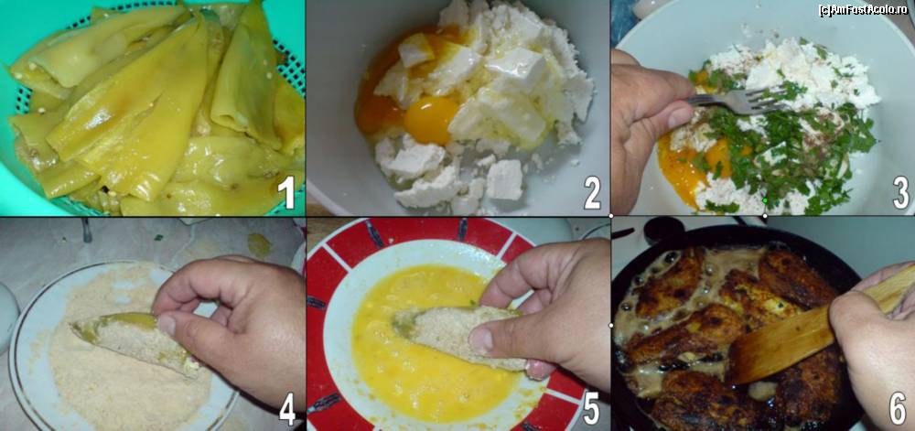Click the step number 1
[286, 192]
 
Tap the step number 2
[592, 193]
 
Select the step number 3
[900, 193]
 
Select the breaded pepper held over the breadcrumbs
[135, 340]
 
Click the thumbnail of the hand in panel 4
[167, 324]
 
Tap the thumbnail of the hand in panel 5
[482, 340]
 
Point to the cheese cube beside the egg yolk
[415, 49]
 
